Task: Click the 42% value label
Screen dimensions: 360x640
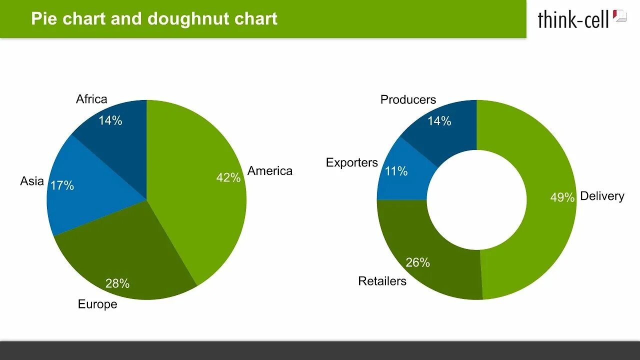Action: pos(228,177)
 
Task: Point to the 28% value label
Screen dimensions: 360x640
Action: pos(117,283)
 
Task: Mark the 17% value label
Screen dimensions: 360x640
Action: pos(62,185)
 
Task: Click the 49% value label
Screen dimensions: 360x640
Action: pos(562,197)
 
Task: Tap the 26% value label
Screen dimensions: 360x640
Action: pos(418,262)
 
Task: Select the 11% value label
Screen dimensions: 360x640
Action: pos(396,171)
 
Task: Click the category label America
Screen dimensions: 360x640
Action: pos(270,171)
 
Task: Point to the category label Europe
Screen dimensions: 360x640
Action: pos(97,304)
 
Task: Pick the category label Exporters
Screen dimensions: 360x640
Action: pos(352,162)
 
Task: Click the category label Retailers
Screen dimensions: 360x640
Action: pos(382,281)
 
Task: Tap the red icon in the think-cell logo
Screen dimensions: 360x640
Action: pos(619,15)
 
